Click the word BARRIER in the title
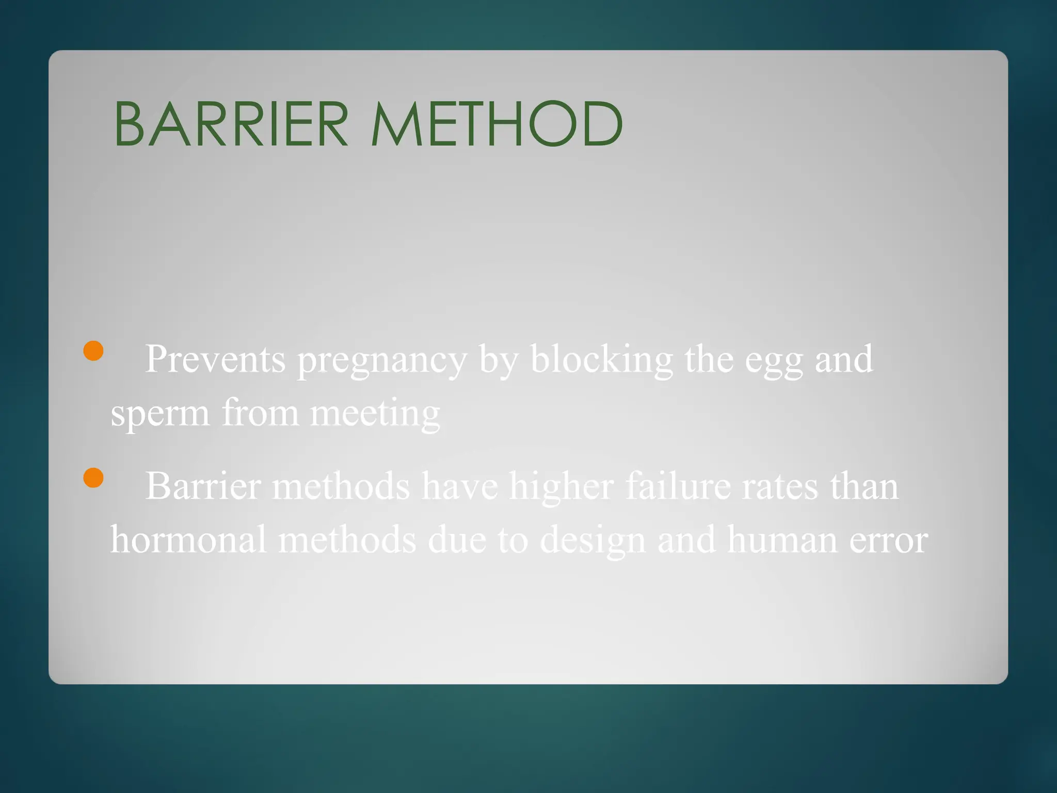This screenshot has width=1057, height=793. (231, 124)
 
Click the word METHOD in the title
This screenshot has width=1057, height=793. (497, 124)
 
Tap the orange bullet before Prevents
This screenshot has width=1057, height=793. (93, 351)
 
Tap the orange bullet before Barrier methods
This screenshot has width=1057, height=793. (93, 478)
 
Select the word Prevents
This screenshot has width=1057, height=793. (215, 359)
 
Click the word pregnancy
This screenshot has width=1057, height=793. (382, 361)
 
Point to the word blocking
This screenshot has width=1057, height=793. (601, 359)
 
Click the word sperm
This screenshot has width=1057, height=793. (160, 415)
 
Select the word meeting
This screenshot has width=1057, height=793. (375, 415)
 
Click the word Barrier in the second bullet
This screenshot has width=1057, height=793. (203, 486)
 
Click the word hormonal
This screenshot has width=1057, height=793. (188, 540)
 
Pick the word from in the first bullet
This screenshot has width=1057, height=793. (260, 414)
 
